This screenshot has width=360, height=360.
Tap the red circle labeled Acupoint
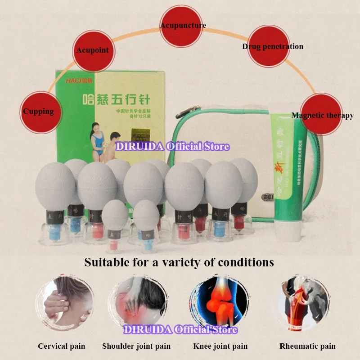coord(92,50)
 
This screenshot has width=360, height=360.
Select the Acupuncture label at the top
coord(183,25)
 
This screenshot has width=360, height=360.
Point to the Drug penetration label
coord(272,46)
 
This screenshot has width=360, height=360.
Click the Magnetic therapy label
coord(322,115)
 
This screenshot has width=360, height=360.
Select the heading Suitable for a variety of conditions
coord(179,262)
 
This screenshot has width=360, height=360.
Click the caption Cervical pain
coord(61,346)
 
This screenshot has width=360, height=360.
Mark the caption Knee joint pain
coord(220,346)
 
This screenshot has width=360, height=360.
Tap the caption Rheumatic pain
coord(308,346)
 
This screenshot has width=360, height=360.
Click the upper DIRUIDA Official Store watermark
coord(173,147)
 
